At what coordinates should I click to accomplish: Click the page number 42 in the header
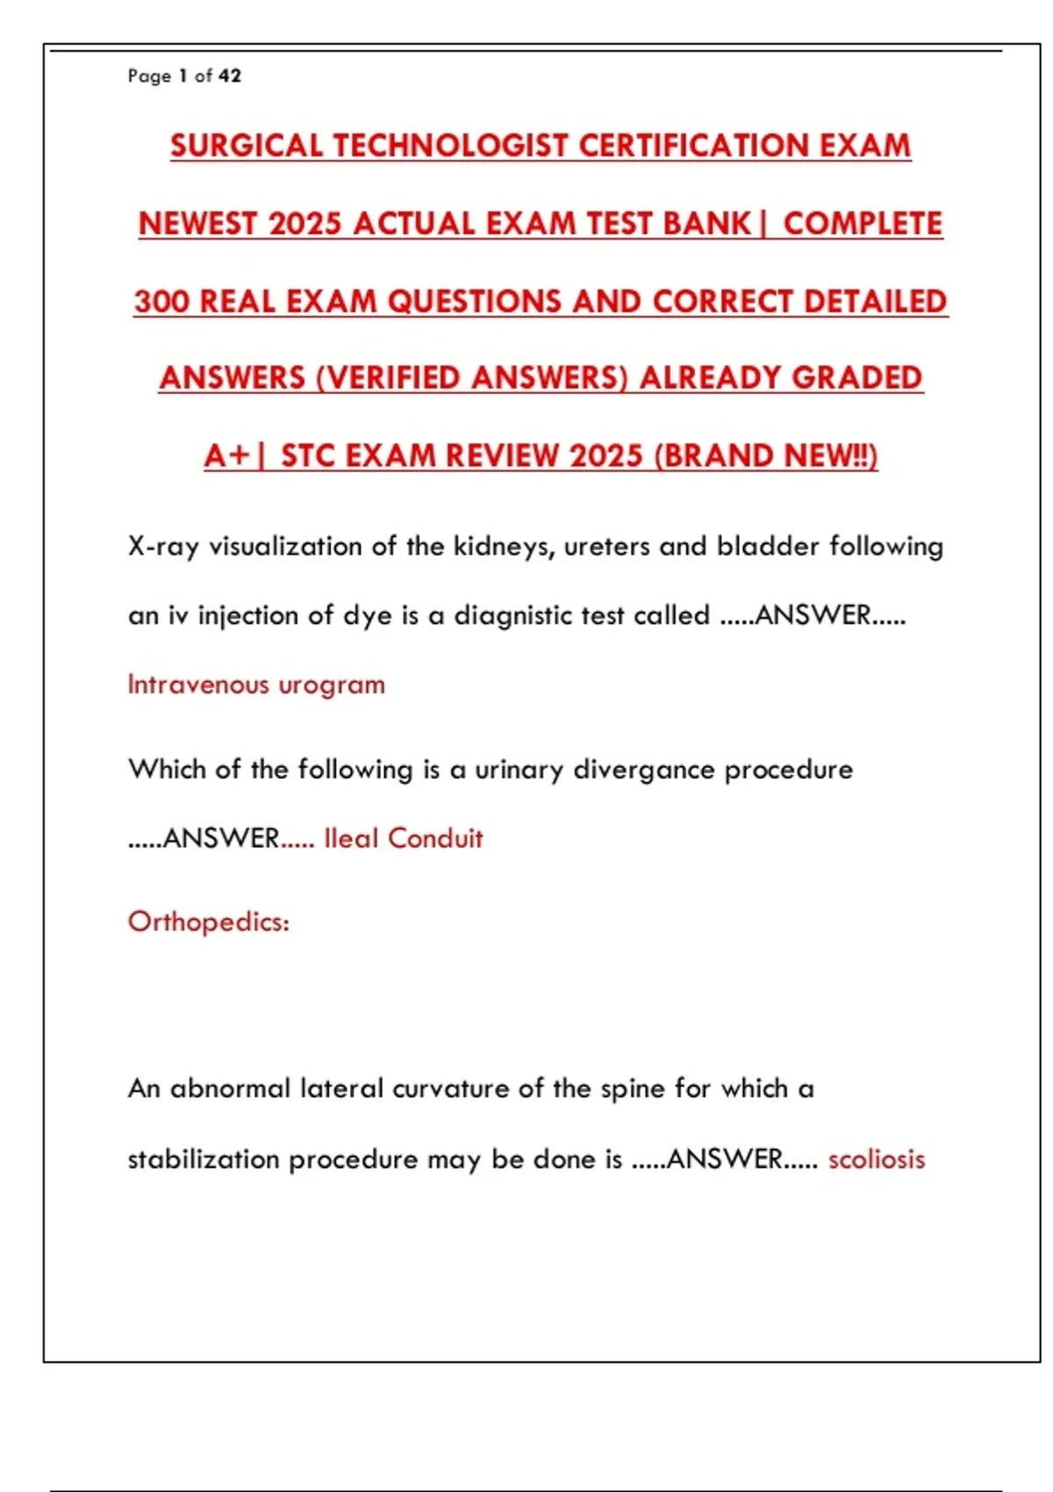(230, 76)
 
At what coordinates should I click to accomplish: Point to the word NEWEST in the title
(198, 224)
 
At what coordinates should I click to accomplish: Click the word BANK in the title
(707, 224)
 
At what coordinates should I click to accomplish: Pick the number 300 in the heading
(161, 302)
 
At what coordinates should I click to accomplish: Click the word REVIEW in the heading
(500, 456)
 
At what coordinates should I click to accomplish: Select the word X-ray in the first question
(163, 547)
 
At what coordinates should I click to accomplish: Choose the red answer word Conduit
(435, 839)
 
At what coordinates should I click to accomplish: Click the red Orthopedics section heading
(209, 922)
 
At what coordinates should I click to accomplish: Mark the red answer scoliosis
(877, 1159)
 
